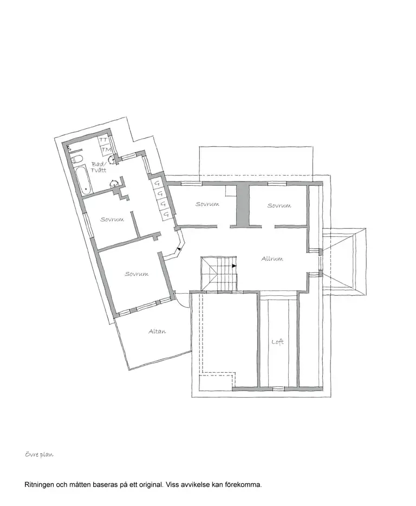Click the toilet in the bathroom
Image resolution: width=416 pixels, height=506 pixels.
[77, 159]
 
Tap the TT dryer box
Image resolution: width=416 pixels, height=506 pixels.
[103, 140]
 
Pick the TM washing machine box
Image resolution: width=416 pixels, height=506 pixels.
[106, 150]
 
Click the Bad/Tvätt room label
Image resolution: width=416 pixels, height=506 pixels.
[99, 167]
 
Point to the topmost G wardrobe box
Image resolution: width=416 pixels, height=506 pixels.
[158, 184]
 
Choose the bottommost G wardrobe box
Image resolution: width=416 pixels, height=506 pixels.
[166, 213]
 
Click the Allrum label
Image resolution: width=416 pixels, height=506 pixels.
[272, 258]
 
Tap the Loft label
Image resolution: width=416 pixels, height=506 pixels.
[277, 341]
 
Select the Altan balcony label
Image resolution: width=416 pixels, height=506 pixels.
[157, 332]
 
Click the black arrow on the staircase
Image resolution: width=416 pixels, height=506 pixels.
[234, 266]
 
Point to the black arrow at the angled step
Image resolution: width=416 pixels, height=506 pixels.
[179, 249]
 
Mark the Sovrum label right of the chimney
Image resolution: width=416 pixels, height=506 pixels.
[279, 205]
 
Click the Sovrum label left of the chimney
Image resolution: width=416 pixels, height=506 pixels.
[207, 204]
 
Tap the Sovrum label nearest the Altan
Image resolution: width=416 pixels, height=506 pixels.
[136, 274]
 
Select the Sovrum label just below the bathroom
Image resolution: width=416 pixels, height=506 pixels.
[112, 219]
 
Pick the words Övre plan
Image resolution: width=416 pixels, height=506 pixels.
[39, 455]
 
